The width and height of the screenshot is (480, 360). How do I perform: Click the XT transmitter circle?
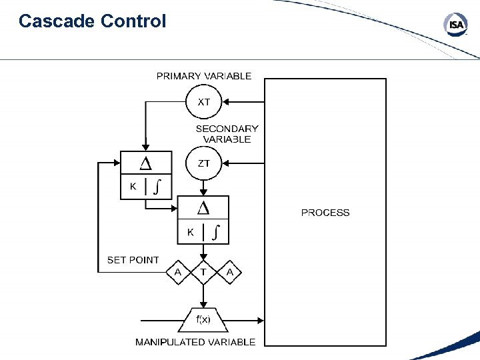[204, 102]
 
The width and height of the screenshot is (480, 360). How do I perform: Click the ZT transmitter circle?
[204, 163]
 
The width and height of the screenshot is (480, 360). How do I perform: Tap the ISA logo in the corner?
[456, 25]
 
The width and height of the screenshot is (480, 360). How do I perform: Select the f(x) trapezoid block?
[203, 320]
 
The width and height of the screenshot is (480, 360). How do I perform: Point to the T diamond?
[203, 272]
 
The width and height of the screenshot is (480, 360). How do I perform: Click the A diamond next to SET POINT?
[178, 272]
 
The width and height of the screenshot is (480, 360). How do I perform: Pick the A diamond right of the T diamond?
[229, 272]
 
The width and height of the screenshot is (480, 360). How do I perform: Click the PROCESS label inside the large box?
[325, 213]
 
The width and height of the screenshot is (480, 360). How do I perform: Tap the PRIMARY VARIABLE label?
[204, 76]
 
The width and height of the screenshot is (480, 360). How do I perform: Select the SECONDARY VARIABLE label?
[227, 134]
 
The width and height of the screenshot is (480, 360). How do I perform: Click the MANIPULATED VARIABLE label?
[195, 342]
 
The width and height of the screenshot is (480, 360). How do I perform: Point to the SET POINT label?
[133, 260]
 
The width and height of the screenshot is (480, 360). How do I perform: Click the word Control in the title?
[133, 21]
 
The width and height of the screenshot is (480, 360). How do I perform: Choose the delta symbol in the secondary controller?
[203, 209]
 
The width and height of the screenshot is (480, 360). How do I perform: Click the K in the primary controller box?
[133, 187]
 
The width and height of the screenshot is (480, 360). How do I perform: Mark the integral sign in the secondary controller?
[216, 233]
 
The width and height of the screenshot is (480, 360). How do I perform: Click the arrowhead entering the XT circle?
[227, 102]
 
